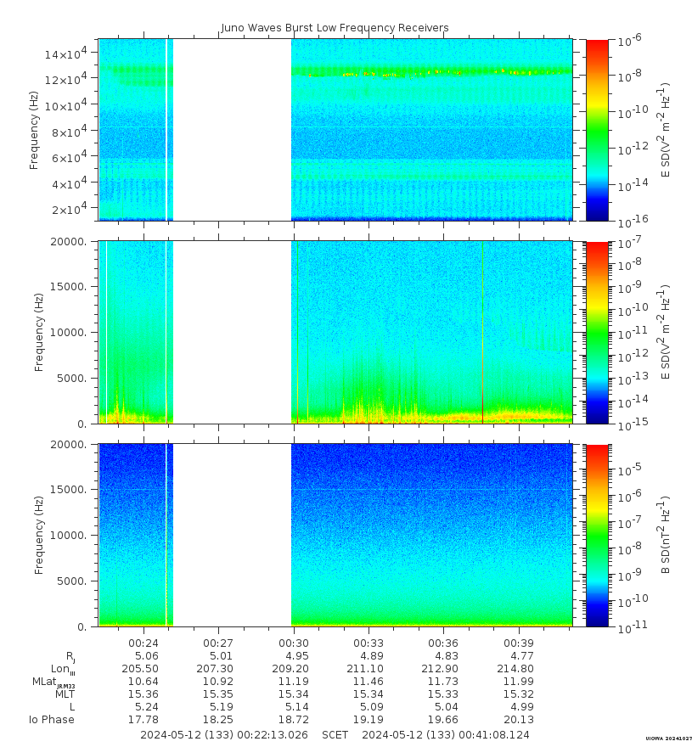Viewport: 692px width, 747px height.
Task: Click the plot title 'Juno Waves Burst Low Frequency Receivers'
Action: (x=335, y=28)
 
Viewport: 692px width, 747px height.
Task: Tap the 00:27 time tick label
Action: (x=218, y=643)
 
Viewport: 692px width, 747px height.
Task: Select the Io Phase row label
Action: (x=52, y=720)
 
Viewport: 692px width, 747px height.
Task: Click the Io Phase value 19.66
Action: (x=443, y=720)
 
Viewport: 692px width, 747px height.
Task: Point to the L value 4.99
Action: (x=518, y=707)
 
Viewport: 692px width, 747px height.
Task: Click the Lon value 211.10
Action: (x=369, y=669)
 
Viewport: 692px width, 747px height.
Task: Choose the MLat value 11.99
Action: (x=518, y=682)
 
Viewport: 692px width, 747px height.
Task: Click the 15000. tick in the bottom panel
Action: (x=76, y=490)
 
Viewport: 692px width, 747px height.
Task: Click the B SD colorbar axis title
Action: (x=667, y=535)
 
